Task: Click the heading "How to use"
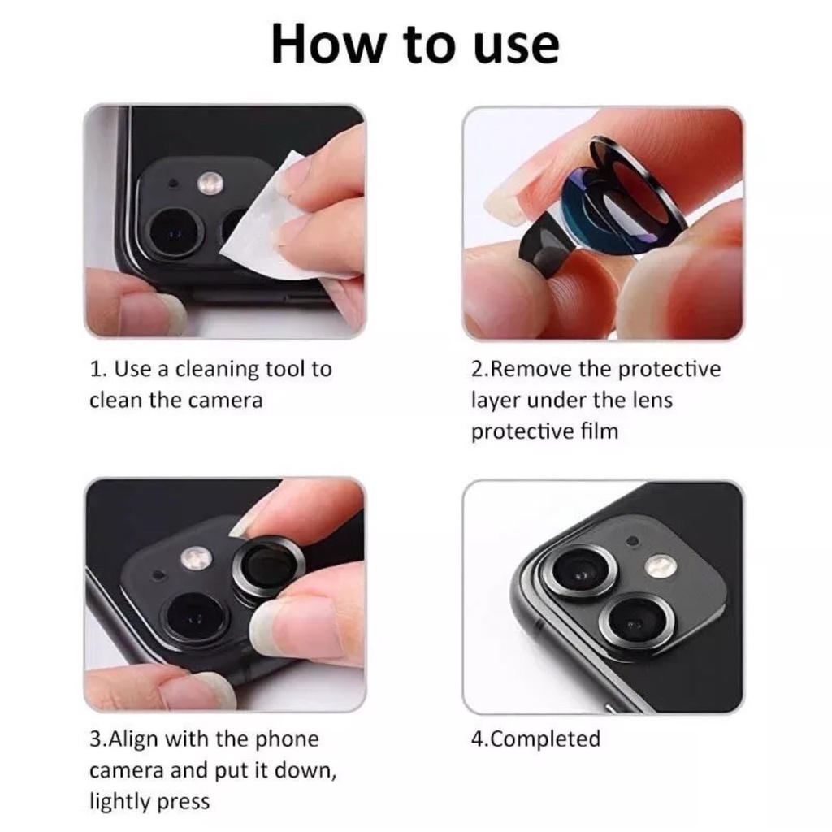[415, 45]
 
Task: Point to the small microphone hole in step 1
[173, 184]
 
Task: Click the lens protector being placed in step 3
[266, 566]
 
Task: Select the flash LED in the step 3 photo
[197, 557]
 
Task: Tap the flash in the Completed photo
[661, 566]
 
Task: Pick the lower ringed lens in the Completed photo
[632, 624]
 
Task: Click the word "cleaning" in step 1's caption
[217, 370]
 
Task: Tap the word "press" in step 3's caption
[184, 802]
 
